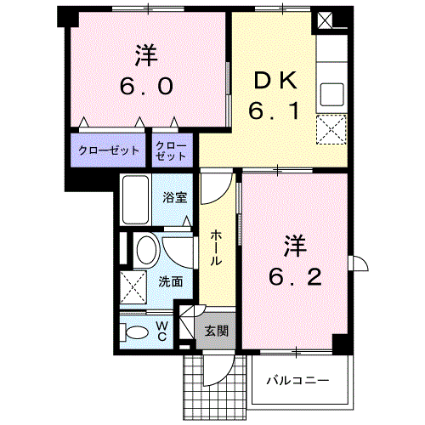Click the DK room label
click(x=275, y=81)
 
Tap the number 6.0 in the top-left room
click(x=146, y=86)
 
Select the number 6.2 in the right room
click(x=295, y=277)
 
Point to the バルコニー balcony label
click(x=297, y=380)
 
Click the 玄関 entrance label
click(x=217, y=331)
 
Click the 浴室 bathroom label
click(x=175, y=197)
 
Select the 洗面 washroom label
click(x=170, y=281)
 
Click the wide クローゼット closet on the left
click(x=109, y=150)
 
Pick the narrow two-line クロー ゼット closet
click(x=171, y=151)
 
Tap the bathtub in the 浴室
click(x=135, y=200)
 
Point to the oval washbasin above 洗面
click(x=146, y=250)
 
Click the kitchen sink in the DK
click(x=331, y=94)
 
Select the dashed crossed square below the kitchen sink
click(x=331, y=129)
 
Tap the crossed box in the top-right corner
click(x=325, y=20)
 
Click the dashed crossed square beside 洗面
click(x=133, y=286)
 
